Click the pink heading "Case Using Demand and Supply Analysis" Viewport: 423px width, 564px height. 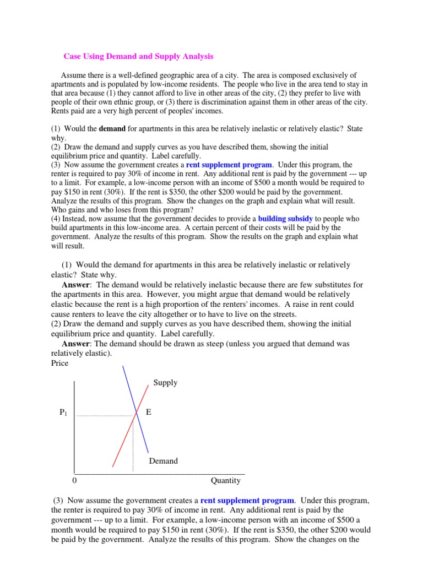coord(138,56)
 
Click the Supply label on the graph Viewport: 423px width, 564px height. coord(165,382)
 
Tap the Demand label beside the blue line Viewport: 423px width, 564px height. coord(164,460)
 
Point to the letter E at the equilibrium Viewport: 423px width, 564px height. coord(148,412)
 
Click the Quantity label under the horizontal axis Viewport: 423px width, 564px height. coord(225,480)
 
